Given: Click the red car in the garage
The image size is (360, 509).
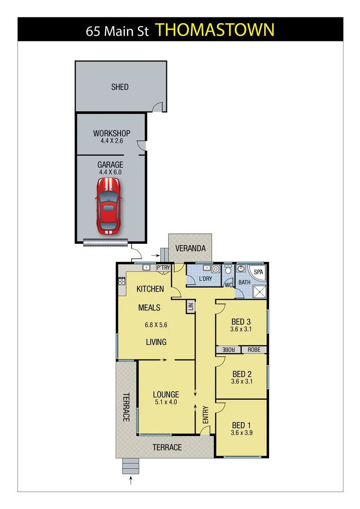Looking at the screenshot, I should point(109,204).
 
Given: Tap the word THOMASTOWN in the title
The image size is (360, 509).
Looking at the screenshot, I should point(215,30).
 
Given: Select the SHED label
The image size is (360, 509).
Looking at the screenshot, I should point(120,87).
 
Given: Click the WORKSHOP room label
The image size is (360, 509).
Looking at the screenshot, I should point(112,133).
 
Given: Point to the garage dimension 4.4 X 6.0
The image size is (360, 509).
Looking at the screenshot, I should point(110,172).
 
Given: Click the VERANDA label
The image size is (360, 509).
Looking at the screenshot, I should point(190,248).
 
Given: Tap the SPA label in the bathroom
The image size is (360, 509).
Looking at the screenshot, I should point(259,272).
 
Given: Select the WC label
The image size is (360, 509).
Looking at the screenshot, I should point(229,285).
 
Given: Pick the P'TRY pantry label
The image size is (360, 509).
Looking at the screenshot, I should point(163,268).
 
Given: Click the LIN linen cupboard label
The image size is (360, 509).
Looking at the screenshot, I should point(191,307).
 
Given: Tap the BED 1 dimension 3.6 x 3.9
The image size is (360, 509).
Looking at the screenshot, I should point(241,432).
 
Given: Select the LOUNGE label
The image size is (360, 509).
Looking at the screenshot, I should point(166,394).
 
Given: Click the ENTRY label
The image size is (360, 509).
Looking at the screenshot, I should point(205,415).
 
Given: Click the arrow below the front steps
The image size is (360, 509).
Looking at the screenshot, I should point(131,481).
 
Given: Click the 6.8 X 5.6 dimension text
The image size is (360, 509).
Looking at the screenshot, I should point(156,325).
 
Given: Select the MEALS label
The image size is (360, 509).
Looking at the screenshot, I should point(149,308).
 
